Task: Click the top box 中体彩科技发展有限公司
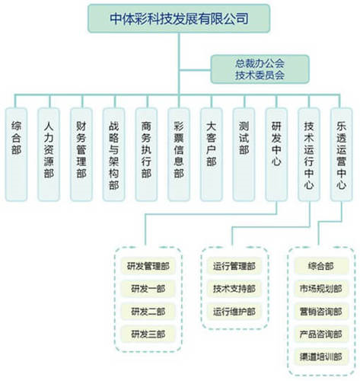pyautogui.click(x=179, y=18)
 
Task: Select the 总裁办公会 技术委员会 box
pyautogui.click(x=260, y=69)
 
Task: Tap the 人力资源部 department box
pyautogui.click(x=49, y=155)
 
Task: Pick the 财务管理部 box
pyautogui.click(x=81, y=155)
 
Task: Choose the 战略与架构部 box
pyautogui.click(x=113, y=155)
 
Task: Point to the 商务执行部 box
pyautogui.click(x=146, y=155)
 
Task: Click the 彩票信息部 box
pyautogui.click(x=179, y=155)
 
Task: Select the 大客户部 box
pyautogui.click(x=212, y=155)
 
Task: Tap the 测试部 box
pyautogui.click(x=244, y=155)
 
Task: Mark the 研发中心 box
pyautogui.click(x=276, y=155)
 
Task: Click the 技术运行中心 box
pyautogui.click(x=309, y=155)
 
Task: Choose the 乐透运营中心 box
pyautogui.click(x=341, y=155)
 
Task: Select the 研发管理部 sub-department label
pyautogui.click(x=148, y=266)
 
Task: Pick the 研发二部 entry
pyautogui.click(x=148, y=312)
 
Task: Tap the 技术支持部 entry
pyautogui.click(x=234, y=289)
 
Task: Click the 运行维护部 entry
pyautogui.click(x=234, y=312)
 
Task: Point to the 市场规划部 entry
pyautogui.click(x=321, y=289)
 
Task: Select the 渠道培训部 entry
pyautogui.click(x=321, y=357)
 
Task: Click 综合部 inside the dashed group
pyautogui.click(x=321, y=266)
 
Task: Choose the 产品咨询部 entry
pyautogui.click(x=321, y=334)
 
